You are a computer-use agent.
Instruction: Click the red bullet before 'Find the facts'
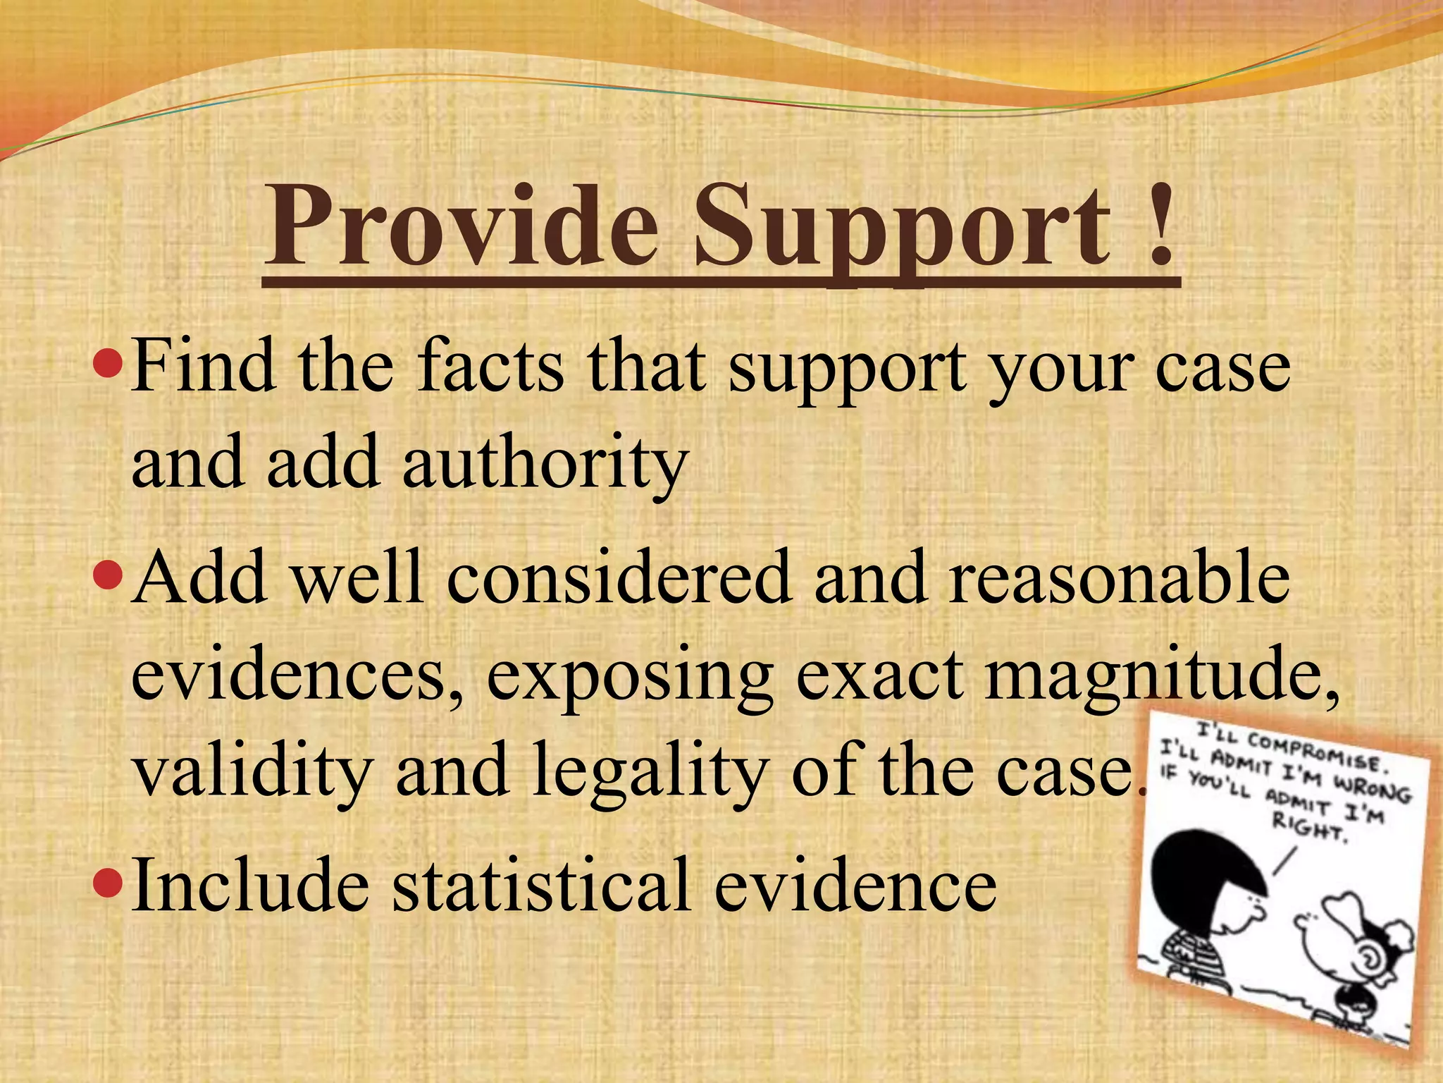click(x=109, y=365)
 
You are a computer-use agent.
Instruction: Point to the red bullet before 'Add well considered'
click(x=109, y=577)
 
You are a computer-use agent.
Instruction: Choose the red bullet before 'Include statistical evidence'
click(x=109, y=882)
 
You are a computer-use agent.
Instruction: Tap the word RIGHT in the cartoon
click(x=1309, y=826)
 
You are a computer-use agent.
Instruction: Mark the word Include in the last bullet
click(x=250, y=883)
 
